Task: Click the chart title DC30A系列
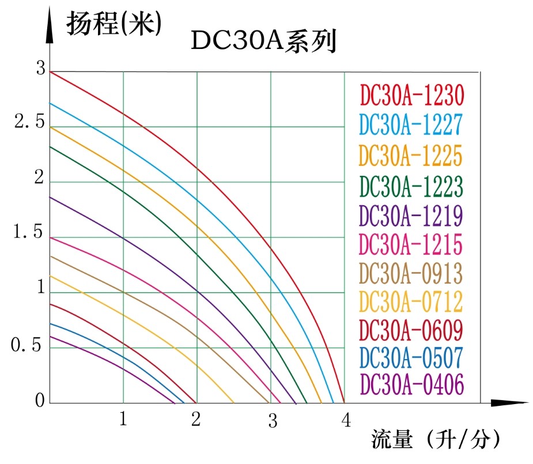(x=263, y=42)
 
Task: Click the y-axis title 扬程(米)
(x=113, y=25)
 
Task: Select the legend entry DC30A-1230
(x=411, y=95)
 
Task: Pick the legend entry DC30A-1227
(x=411, y=125)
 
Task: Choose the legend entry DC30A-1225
(x=411, y=155)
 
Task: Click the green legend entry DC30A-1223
(x=411, y=186)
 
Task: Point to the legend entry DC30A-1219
(x=411, y=216)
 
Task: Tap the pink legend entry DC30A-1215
(x=411, y=245)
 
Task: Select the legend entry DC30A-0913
(x=411, y=272)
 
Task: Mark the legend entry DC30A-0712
(x=411, y=301)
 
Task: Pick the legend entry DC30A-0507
(x=411, y=358)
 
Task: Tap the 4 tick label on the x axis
(x=346, y=421)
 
